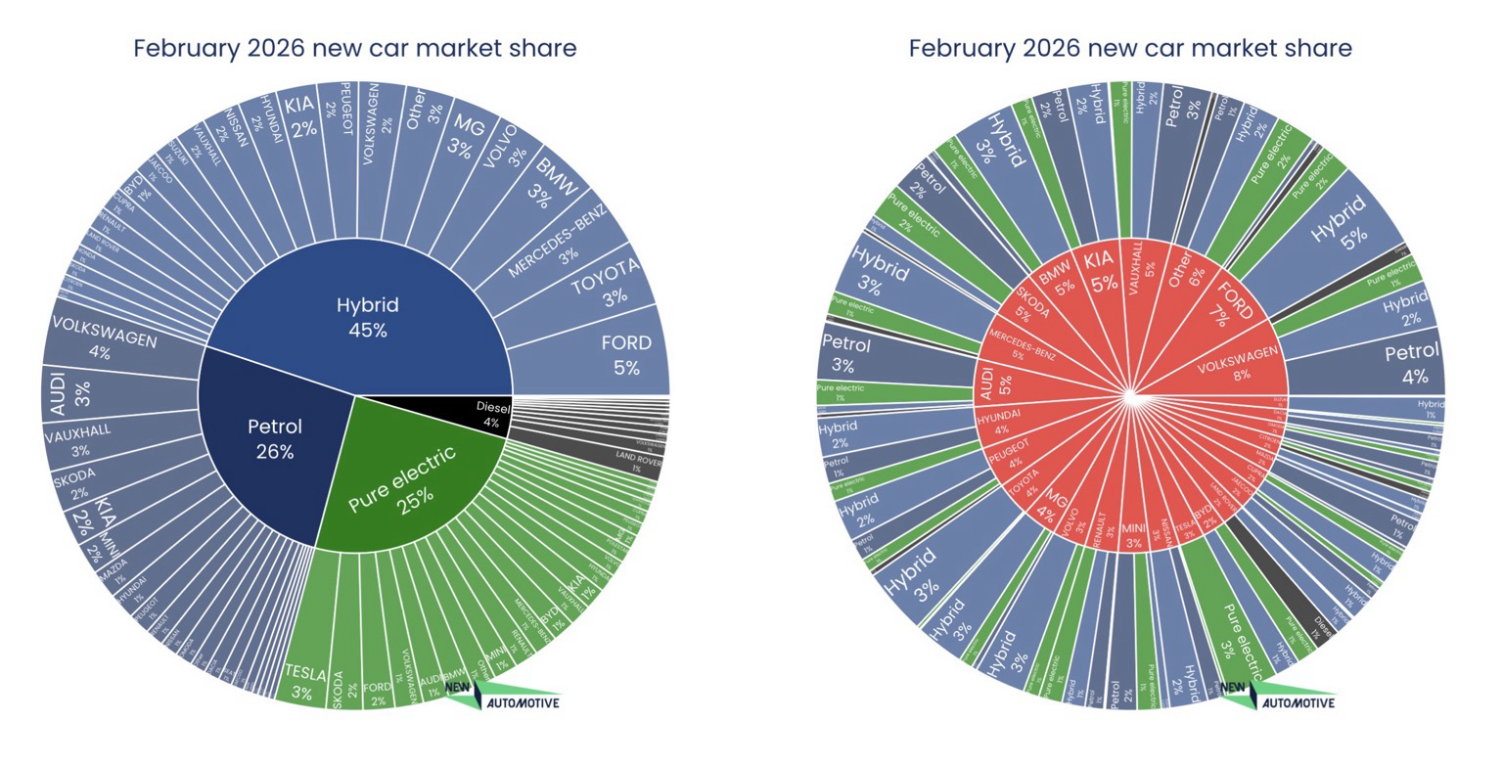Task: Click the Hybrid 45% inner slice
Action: pyautogui.click(x=367, y=315)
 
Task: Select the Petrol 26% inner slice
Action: pyautogui.click(x=274, y=438)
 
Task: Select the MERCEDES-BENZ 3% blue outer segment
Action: pyautogui.click(x=562, y=240)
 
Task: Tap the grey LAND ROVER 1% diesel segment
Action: pyautogui.click(x=638, y=461)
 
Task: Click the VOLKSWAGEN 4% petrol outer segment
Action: pyautogui.click(x=103, y=338)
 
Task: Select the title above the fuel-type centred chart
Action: pyautogui.click(x=354, y=48)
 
